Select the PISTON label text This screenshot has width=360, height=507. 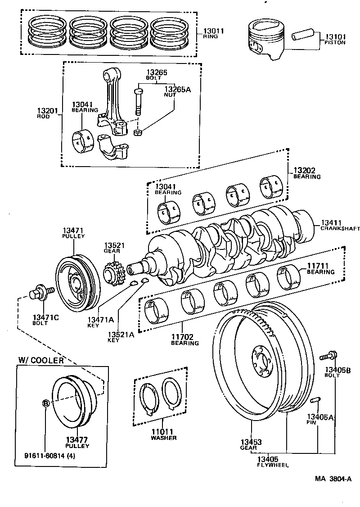tap(335, 42)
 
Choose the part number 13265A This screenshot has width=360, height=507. tap(177, 89)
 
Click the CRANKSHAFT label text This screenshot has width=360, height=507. tap(340, 229)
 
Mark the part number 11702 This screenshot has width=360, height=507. tap(184, 336)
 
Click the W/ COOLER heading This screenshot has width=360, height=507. tap(41, 360)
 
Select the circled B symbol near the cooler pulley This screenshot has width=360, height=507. tap(46, 403)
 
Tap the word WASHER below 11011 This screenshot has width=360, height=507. tap(164, 438)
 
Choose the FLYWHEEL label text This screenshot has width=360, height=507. tap(273, 465)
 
